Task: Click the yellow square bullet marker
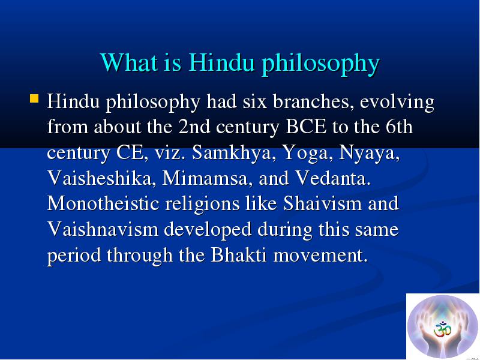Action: coord(34,98)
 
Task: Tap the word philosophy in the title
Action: coord(321,64)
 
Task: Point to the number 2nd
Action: coord(194,127)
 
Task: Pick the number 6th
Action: coord(399,127)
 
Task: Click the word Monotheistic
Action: coord(103,203)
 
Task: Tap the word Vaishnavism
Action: coord(103,229)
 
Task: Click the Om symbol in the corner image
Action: coord(442,329)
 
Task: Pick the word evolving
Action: coord(397,103)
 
